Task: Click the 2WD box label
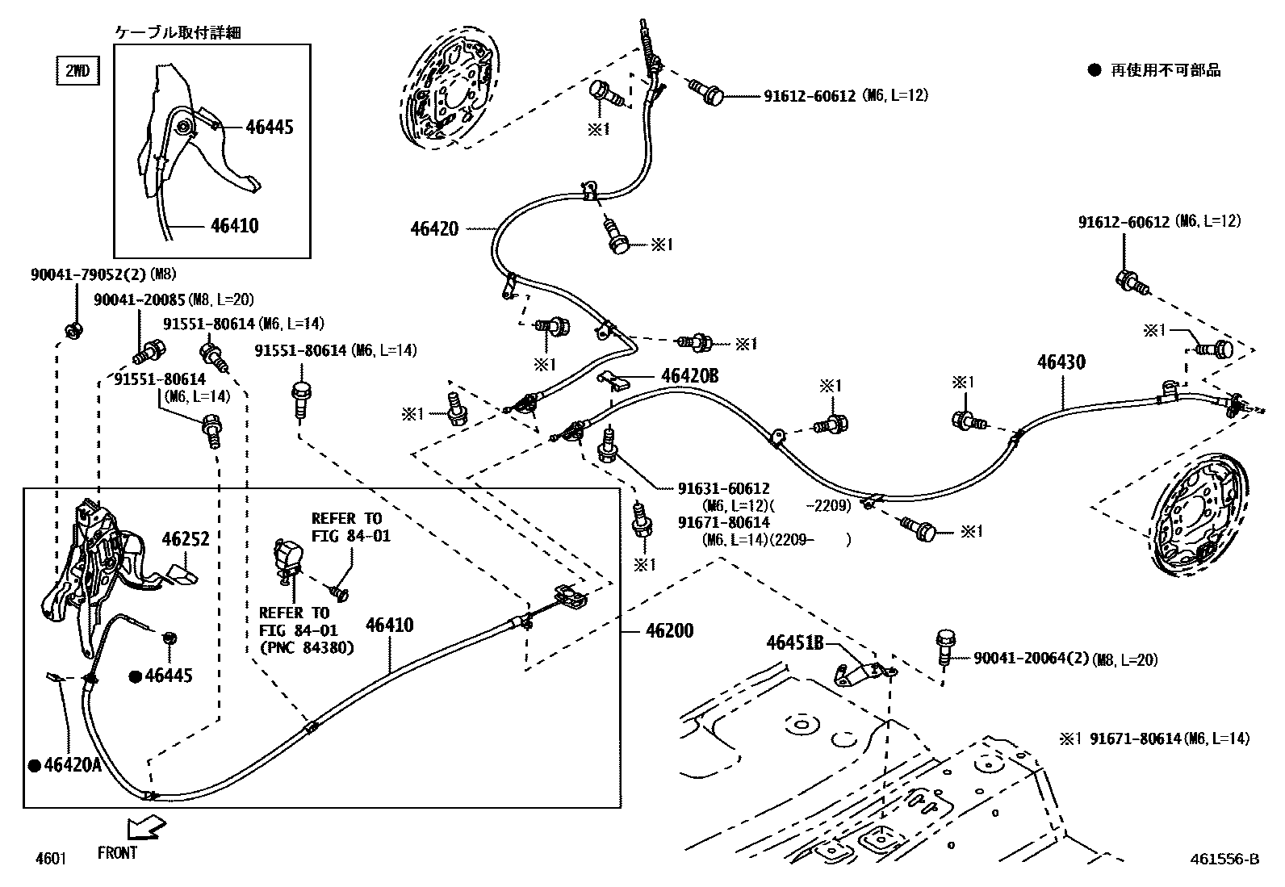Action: tap(77, 70)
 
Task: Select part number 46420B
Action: tap(689, 376)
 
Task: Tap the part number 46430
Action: tap(1061, 362)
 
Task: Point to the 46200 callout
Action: tap(669, 630)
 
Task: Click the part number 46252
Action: tap(186, 539)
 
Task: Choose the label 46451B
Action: tap(794, 643)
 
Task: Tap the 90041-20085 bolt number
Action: tap(140, 299)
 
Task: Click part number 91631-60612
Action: tap(723, 488)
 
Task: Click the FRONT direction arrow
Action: tap(146, 828)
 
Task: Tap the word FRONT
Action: tap(117, 853)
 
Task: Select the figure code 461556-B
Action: tap(1224, 859)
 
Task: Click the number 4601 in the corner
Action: tap(51, 858)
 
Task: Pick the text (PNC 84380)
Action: tap(307, 648)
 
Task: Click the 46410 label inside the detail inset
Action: tap(235, 225)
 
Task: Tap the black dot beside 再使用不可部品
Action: tap(1095, 70)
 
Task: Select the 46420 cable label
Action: tap(434, 229)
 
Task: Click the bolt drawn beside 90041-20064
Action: tap(945, 647)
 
